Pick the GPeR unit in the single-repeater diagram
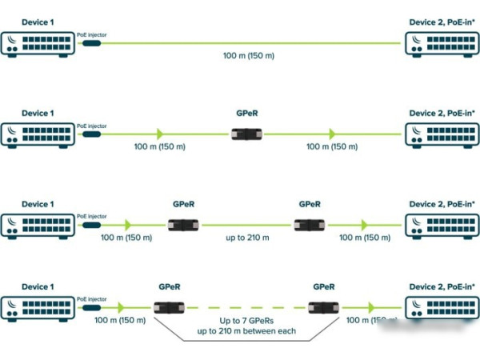[246, 134]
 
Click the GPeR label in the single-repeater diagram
[246, 114]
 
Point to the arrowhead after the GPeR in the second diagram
[330, 134]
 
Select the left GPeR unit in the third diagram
[182, 226]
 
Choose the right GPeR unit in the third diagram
[309, 226]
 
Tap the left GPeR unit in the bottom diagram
[169, 307]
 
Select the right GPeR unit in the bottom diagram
[323, 307]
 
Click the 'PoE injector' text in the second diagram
[91, 126]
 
